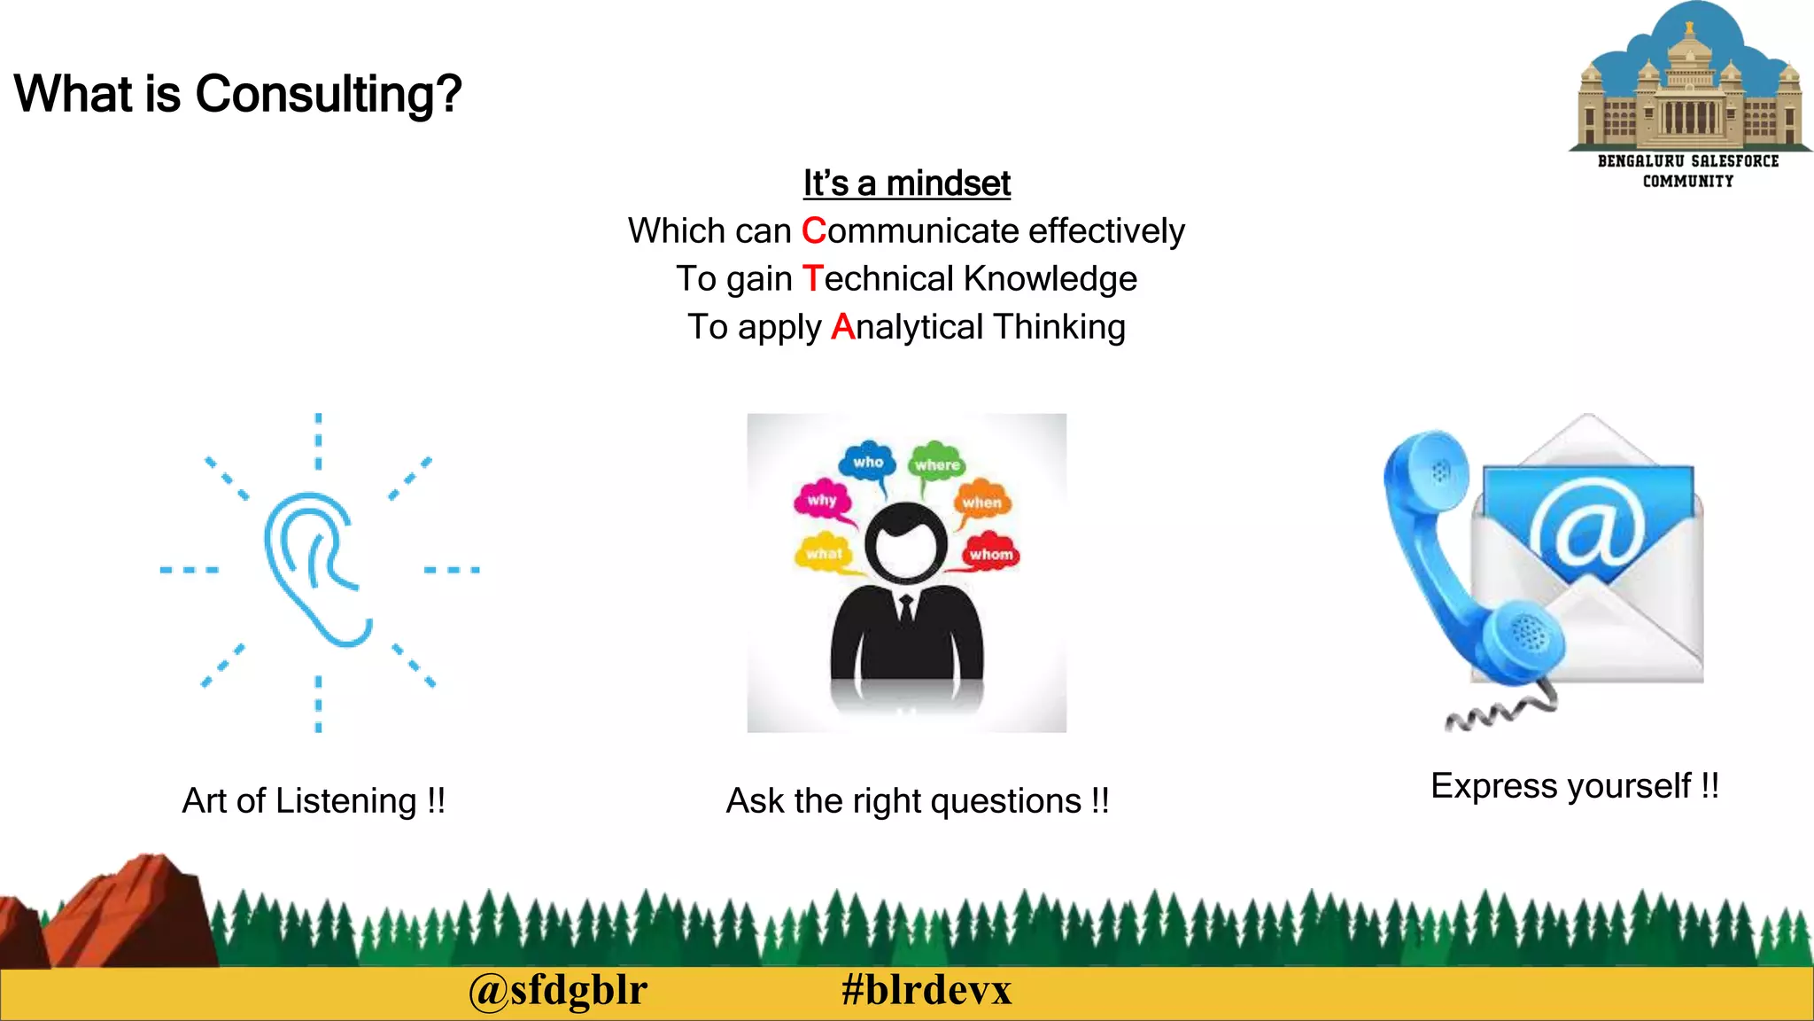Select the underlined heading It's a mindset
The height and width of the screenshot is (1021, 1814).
906,183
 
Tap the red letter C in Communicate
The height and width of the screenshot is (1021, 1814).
813,231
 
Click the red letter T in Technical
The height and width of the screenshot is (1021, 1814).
812,279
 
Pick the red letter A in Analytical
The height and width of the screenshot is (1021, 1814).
841,327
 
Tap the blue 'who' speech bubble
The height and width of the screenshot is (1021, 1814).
868,462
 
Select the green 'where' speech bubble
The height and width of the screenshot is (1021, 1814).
937,464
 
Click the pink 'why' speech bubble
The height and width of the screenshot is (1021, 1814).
822,500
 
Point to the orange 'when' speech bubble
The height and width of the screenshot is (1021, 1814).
981,502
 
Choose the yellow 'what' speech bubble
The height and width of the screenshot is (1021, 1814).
824,553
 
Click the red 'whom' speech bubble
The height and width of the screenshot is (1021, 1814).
990,554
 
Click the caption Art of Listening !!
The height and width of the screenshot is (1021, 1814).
314,800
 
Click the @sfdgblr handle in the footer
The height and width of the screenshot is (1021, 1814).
558,990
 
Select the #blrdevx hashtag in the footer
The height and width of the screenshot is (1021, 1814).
926,990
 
